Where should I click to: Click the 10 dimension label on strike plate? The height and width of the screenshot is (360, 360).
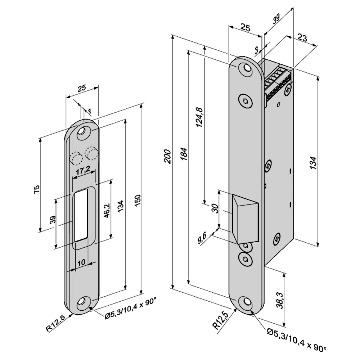[x=81, y=262]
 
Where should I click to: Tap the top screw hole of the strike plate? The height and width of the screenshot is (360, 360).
[x=84, y=132]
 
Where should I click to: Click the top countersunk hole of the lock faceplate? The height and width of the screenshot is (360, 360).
[x=247, y=69]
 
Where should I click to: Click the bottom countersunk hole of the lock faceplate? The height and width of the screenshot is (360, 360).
[x=247, y=302]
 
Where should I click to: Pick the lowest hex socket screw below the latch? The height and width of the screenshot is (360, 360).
[x=245, y=258]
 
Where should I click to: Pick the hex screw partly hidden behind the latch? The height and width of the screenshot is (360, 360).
[x=246, y=246]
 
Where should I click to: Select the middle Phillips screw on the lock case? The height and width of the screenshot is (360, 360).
[x=269, y=165]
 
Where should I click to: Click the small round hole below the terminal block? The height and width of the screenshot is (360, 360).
[x=278, y=105]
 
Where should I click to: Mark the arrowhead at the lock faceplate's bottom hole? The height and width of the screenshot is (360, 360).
[x=251, y=311]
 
